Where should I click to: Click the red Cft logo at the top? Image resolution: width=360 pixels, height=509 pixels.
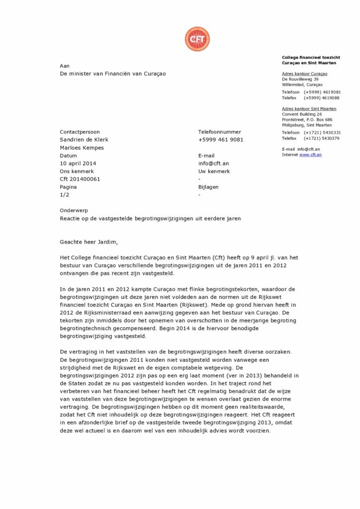197,39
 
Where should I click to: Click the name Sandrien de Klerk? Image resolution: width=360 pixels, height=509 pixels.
84,140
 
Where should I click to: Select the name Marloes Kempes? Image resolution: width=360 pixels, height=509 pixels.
82,148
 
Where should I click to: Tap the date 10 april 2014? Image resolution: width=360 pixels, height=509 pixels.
78,164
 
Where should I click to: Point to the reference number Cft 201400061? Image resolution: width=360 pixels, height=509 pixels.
80,179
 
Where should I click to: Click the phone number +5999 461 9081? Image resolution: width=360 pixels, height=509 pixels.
221,140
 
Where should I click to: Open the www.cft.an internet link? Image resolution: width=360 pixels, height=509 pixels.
310,155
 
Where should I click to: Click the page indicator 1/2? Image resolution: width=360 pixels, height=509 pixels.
64,195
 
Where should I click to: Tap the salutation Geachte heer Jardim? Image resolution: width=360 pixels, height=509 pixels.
90,242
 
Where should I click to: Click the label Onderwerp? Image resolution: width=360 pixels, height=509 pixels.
74,211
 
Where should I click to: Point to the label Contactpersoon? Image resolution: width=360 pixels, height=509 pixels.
80,132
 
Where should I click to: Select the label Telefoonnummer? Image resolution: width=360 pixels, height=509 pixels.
220,132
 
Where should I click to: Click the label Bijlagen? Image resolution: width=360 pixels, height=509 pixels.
208,187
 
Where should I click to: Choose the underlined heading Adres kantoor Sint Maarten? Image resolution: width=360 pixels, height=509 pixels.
309,109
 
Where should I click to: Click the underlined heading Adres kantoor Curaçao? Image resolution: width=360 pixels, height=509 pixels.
304,74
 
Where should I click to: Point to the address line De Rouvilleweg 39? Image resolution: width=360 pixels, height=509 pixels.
300,80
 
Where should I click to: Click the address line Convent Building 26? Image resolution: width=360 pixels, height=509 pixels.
302,114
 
